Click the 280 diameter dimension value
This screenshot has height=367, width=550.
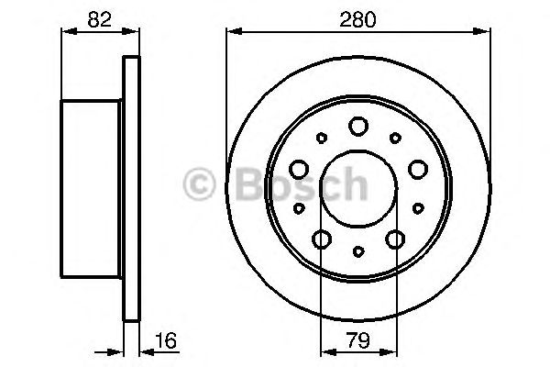click(358, 17)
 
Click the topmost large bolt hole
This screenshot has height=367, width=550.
click(358, 127)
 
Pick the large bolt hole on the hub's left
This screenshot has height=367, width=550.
click(299, 169)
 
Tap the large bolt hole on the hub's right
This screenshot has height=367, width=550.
click(418, 169)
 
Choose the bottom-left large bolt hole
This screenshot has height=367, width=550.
click(322, 239)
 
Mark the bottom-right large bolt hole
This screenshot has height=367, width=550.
click(395, 239)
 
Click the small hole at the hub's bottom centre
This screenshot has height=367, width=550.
click(358, 250)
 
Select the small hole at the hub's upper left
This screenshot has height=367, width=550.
click(321, 139)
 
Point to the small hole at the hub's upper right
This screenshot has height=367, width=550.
click(395, 139)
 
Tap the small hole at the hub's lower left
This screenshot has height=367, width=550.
click(299, 208)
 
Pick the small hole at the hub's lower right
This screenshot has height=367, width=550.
click(418, 208)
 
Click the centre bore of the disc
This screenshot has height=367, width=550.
click(358, 189)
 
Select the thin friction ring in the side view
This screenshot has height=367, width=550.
click(132, 188)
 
